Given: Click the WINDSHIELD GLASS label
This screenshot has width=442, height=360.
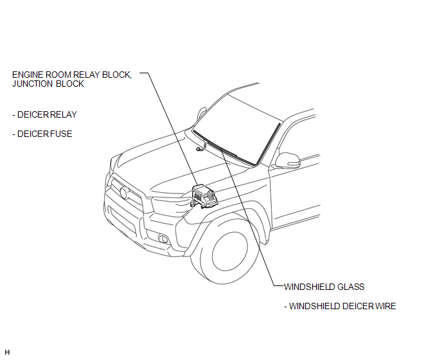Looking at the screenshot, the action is tap(324, 287).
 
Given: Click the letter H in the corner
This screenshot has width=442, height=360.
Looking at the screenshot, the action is tap(7, 352).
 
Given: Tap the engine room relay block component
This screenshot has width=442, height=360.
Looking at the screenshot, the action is tap(204, 197).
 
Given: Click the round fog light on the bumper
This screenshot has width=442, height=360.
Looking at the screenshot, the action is tap(163, 239).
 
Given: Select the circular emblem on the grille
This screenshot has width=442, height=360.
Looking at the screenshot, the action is tap(123, 193).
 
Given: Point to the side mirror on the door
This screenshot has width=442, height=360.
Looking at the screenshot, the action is tap(288, 160).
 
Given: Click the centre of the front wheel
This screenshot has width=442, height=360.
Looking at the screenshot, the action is tap(230, 251).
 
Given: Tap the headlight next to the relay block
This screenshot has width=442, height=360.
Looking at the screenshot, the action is tap(170, 205).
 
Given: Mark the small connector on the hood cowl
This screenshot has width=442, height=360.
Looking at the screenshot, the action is tap(200, 147).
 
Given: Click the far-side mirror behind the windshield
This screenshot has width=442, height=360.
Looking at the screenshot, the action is tap(201, 113).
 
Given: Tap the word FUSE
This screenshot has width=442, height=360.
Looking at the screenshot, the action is tap(61, 134).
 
